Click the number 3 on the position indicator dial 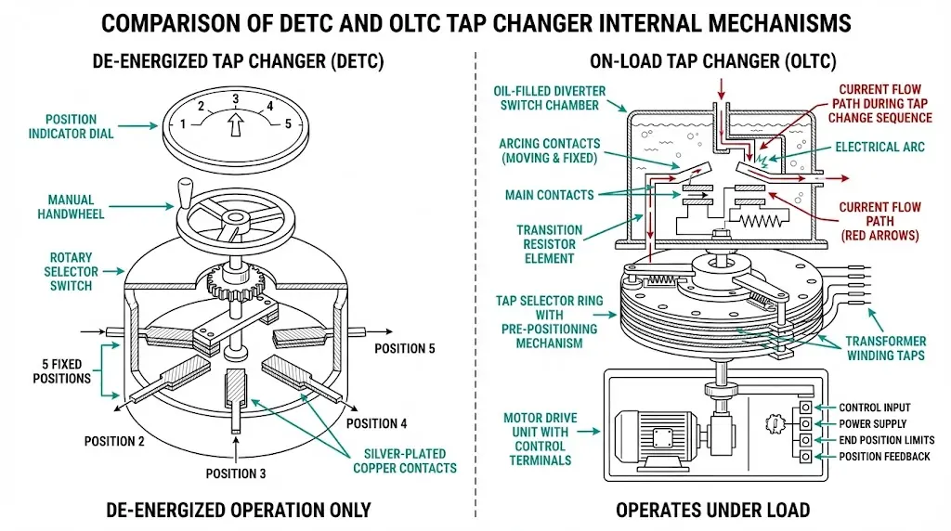click(x=235, y=98)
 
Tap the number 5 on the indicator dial click(x=288, y=123)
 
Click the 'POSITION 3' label click(x=235, y=473)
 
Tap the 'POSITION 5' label click(x=405, y=348)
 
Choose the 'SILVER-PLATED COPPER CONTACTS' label click(x=405, y=460)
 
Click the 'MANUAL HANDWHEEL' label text click(x=71, y=207)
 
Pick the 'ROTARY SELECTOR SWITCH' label click(x=71, y=272)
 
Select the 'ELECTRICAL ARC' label click(x=879, y=147)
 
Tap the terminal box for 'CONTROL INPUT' click(x=805, y=407)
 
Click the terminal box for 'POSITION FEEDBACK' click(x=805, y=457)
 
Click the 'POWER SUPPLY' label click(x=872, y=423)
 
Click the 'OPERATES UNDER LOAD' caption click(x=712, y=511)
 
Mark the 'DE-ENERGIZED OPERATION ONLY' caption click(x=239, y=511)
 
